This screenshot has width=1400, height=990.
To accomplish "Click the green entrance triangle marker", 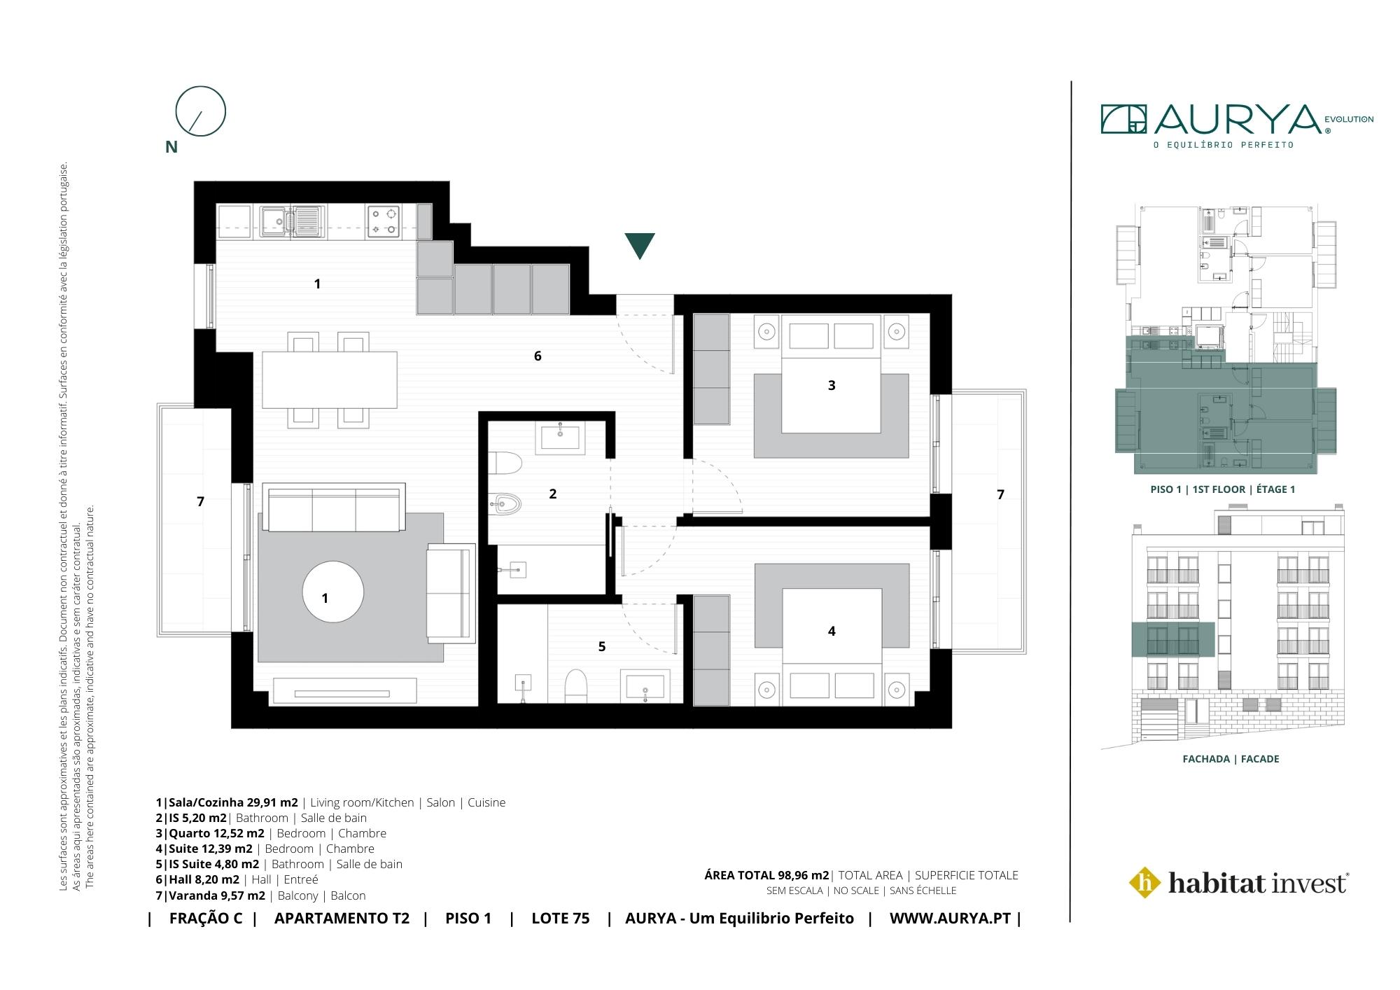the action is pos(640,245).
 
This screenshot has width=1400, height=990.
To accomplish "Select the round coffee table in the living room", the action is pos(333,592).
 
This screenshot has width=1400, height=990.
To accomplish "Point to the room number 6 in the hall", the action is pos(538,356).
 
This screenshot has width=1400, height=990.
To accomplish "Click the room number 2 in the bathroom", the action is pos(552,494).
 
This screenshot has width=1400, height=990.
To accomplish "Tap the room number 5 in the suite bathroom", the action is pos(602,646).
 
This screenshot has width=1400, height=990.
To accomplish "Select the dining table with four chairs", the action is pos(330,379).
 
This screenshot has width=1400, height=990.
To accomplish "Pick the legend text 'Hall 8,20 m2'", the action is pos(204,879).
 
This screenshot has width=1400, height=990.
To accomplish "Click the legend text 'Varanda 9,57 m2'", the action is pos(216,895).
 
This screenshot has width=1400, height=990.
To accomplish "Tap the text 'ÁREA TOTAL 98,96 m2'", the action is pos(766,875).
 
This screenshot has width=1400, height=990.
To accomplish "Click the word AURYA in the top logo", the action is pos(1237,120).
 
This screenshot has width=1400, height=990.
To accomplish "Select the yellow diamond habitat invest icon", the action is pos(1146,882).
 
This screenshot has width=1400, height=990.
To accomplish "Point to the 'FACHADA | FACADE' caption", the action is pos(1231,759).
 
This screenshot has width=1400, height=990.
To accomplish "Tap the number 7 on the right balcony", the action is pos(1000,494).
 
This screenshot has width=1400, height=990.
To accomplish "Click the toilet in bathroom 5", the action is pos(575,685).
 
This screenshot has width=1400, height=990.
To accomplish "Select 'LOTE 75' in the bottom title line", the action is pos(560,919).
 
